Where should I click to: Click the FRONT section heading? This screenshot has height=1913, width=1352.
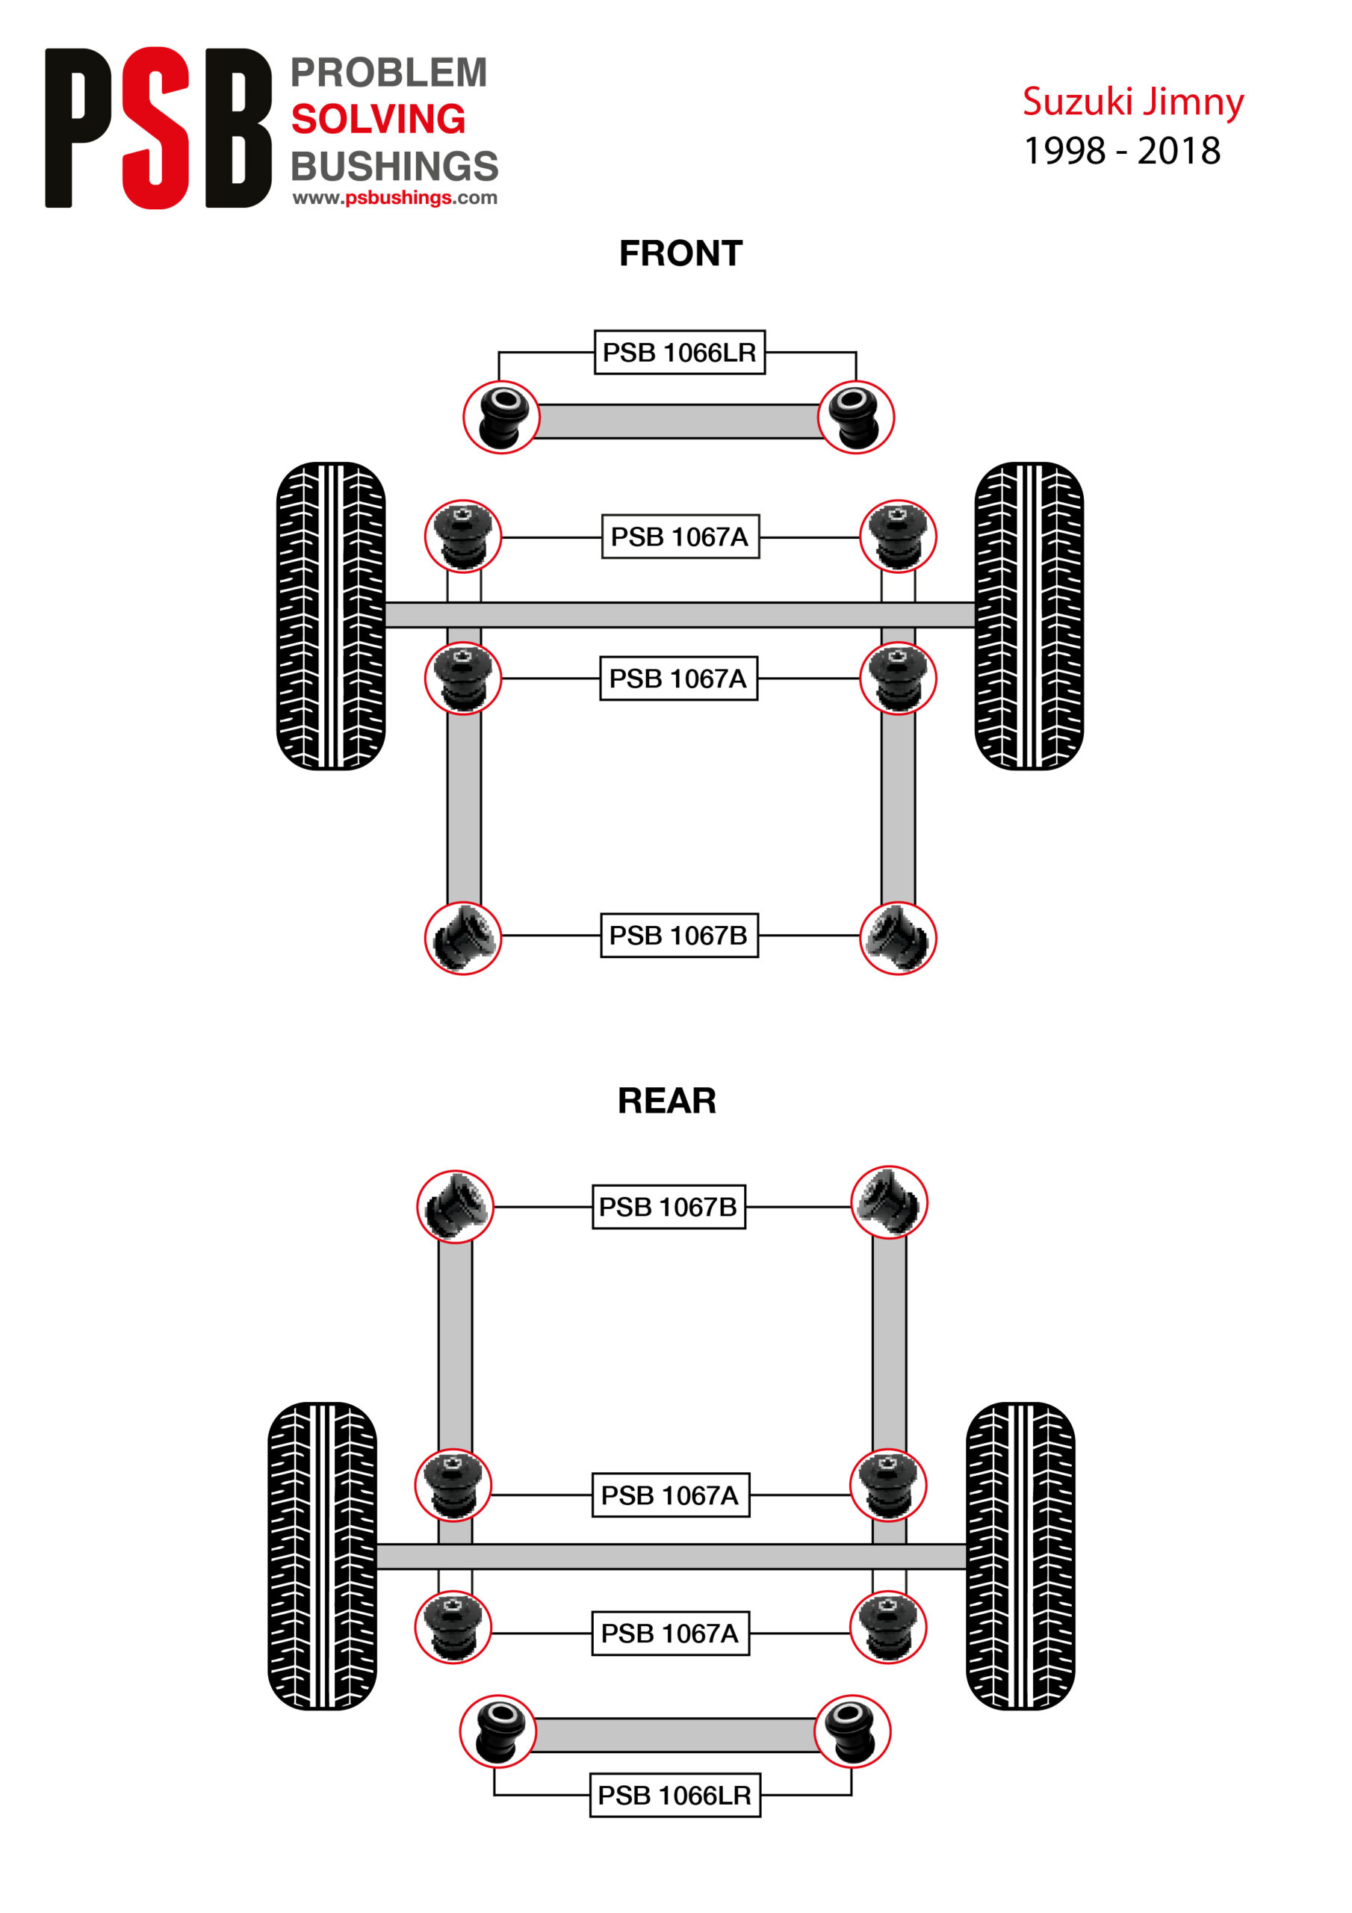coord(680,253)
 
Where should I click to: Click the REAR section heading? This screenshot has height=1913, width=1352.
coord(666,1101)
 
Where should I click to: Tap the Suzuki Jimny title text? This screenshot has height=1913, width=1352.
coord(1132,102)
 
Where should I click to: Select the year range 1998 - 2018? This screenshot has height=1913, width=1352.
coord(1121,152)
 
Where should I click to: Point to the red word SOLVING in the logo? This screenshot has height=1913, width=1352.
coord(377,119)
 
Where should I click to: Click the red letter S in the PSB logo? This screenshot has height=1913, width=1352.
coord(156,128)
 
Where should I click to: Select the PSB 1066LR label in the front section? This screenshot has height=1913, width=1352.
coord(679,353)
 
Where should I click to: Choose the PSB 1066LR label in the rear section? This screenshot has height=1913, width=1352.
coord(674,1795)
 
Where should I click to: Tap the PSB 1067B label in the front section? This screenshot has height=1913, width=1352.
coord(678,936)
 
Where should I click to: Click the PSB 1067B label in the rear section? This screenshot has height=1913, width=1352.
coord(668,1206)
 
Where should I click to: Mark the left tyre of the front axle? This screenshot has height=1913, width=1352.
coord(331,616)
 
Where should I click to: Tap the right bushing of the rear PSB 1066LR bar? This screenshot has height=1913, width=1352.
coord(852,1731)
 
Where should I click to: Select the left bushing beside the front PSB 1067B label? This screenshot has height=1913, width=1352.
coord(463,938)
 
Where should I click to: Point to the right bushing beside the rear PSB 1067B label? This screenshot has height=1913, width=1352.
coord(889,1202)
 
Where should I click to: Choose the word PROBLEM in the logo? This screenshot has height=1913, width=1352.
coord(388,73)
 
